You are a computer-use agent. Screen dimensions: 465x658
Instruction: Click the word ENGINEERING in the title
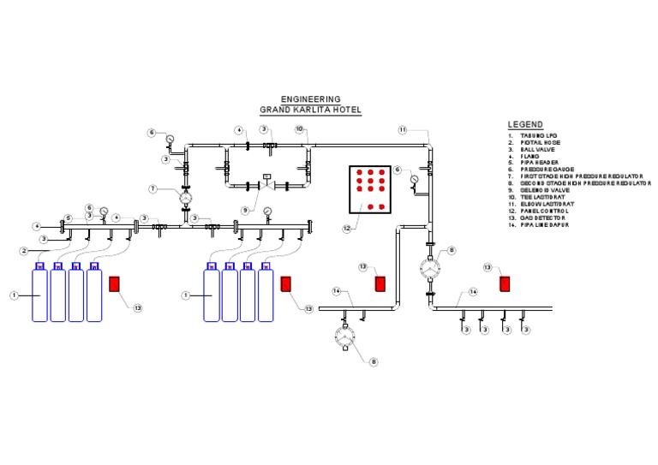[310, 99]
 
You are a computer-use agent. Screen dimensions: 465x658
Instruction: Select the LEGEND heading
[524, 125]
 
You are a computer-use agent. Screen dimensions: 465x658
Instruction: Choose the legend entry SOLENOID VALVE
[543, 190]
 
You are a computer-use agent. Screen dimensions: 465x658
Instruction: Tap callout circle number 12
[347, 229]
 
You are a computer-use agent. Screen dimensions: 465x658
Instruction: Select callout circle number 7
[152, 188]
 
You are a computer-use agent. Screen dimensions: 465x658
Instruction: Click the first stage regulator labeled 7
[185, 197]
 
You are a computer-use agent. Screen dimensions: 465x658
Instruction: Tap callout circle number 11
[402, 129]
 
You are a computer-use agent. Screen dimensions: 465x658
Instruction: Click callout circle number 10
[300, 129]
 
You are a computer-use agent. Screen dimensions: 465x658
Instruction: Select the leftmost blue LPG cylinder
[39, 295]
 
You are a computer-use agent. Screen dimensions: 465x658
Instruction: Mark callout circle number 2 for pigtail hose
[25, 251]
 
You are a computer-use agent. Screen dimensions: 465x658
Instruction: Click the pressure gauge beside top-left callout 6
[170, 139]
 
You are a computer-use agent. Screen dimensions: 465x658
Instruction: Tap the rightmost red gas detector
[505, 283]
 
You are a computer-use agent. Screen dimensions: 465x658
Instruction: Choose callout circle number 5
[67, 217]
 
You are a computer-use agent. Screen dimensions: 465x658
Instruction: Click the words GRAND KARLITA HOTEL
[310, 110]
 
